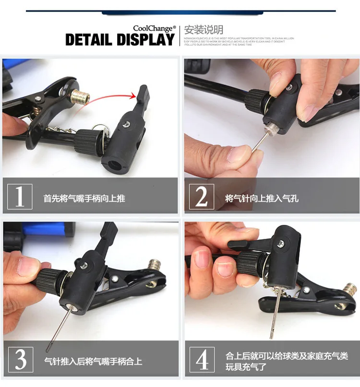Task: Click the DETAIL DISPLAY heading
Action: (120, 40)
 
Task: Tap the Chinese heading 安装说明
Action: (204, 30)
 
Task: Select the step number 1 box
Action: (20, 197)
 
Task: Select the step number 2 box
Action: (202, 197)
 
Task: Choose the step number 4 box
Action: (202, 359)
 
